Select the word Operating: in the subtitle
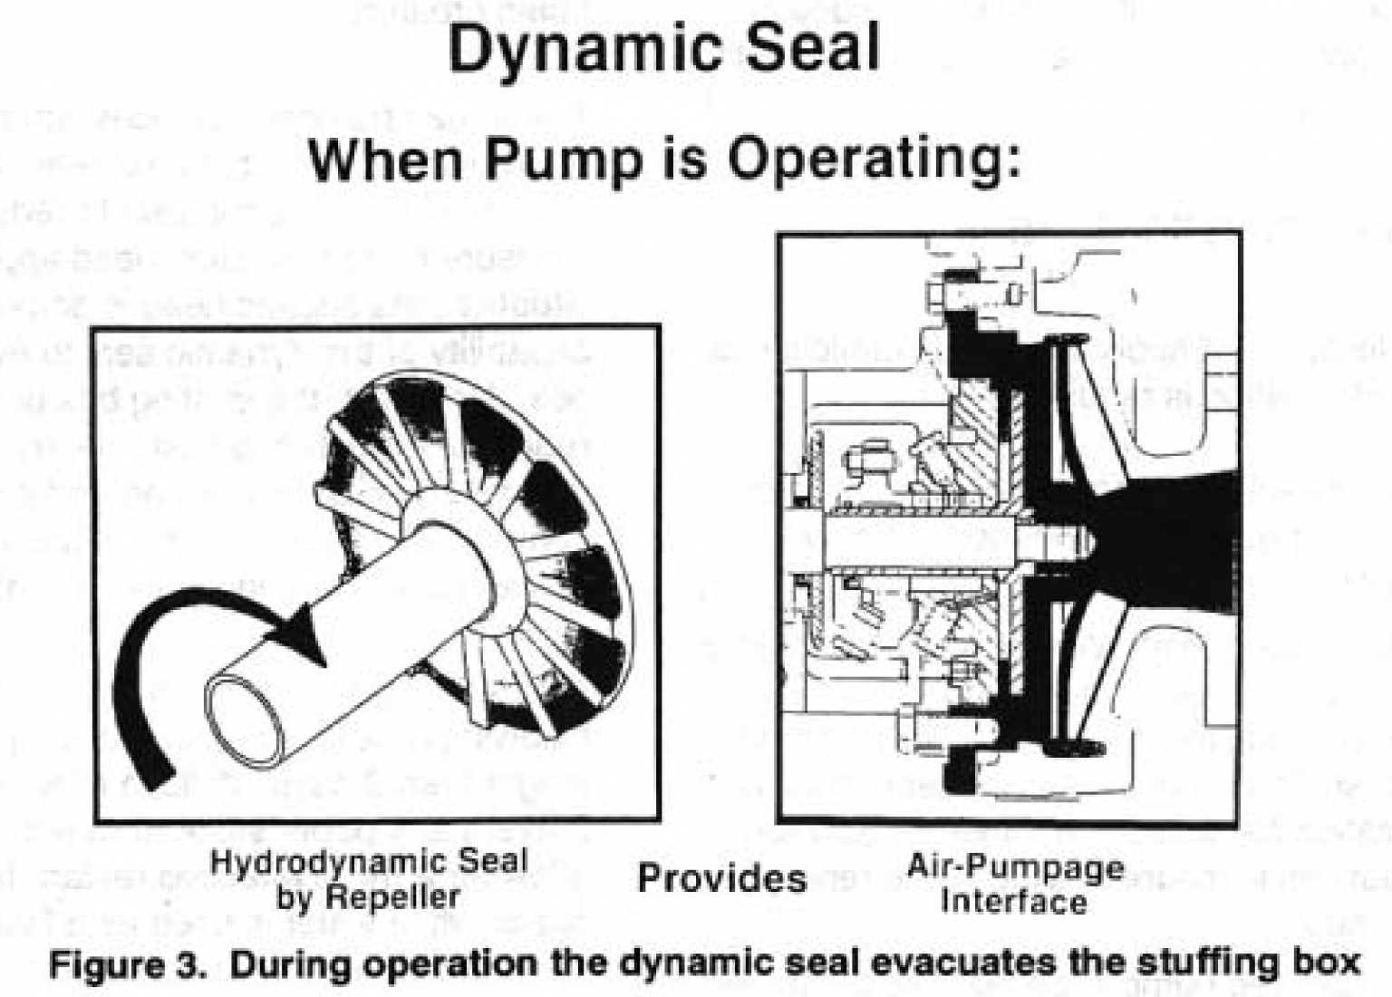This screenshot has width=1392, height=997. pos(875,160)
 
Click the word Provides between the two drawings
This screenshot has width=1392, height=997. pos(721,878)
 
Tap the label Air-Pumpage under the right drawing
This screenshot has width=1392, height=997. pos(1015,867)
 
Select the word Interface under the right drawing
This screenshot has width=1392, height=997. pos(1013,902)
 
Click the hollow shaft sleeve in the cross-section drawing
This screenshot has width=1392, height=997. pos(915,541)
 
